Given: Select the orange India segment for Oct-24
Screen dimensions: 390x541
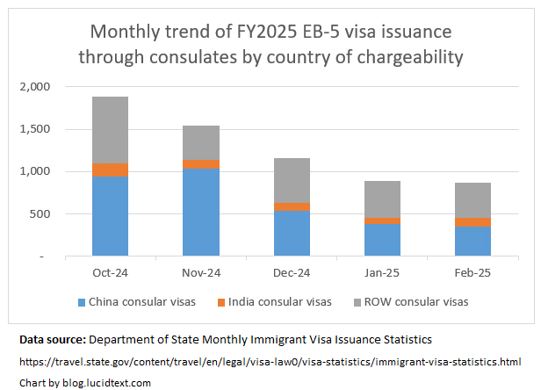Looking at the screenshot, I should pyautogui.click(x=110, y=170).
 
